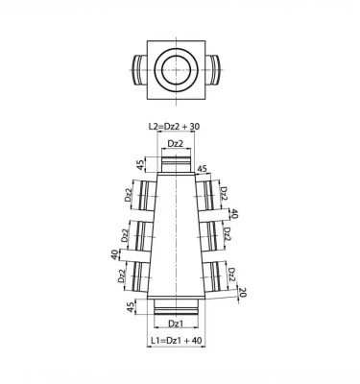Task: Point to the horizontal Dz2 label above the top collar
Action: click(177, 144)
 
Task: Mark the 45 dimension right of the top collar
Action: click(202, 169)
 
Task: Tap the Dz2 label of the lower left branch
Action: click(121, 276)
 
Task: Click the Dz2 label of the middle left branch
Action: click(125, 234)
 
